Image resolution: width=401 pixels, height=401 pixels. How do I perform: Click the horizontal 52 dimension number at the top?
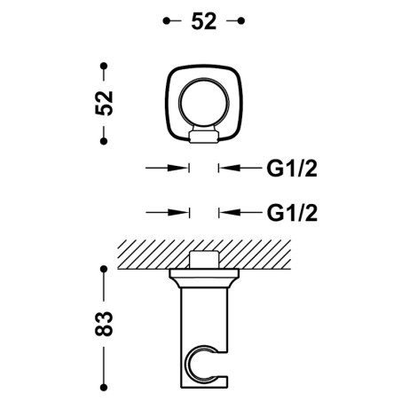[204, 21]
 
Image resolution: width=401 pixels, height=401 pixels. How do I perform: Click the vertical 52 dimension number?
[104, 103]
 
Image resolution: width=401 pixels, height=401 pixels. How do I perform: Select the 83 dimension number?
[104, 323]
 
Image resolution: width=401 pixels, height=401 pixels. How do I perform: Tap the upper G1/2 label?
[292, 169]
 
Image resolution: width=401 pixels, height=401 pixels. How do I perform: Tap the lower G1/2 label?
[292, 213]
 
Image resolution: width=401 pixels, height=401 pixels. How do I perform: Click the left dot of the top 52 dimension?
[167, 20]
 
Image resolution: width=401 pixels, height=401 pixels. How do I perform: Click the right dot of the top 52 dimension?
[241, 20]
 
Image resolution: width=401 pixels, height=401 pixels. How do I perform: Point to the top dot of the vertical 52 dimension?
[104, 66]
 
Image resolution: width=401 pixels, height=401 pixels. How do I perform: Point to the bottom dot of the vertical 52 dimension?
[104, 141]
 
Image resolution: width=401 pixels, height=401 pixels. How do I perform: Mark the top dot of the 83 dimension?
[104, 269]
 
